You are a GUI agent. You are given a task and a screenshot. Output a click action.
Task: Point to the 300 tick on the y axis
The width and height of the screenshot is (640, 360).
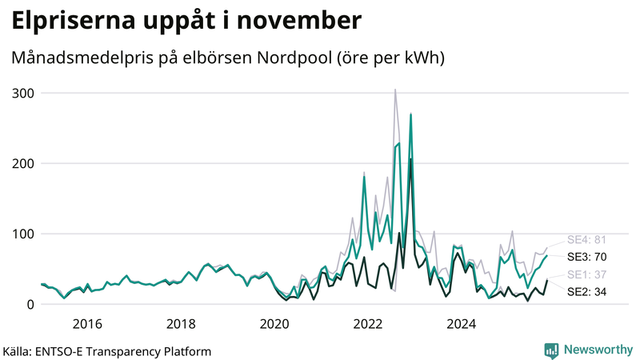[x=23, y=93]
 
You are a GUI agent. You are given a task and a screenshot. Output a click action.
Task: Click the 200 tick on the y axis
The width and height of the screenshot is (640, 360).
[x=23, y=163]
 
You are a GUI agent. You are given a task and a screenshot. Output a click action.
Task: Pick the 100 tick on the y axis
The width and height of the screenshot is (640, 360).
[x=23, y=234]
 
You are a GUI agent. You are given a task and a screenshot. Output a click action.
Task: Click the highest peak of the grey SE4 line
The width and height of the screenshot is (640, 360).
[x=395, y=90]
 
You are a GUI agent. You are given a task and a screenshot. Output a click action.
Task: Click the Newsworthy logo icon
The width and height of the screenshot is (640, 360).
[x=551, y=350]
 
